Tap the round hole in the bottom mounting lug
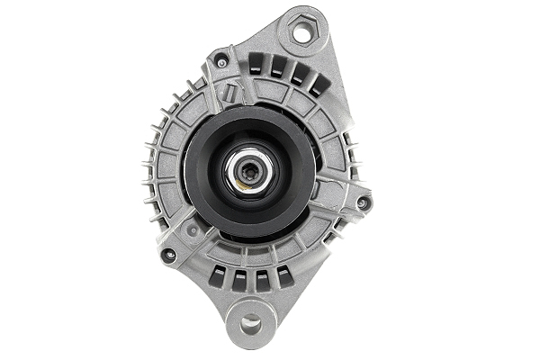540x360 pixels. (x=249, y=321)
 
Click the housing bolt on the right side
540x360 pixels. (x=363, y=203)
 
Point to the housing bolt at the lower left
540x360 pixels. (x=168, y=255)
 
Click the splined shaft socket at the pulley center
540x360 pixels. (x=247, y=169)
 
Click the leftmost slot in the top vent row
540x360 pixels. (x=256, y=64)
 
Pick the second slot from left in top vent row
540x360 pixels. (x=276, y=68)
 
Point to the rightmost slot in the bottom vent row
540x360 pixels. (x=283, y=275)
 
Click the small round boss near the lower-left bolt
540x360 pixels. (x=190, y=230)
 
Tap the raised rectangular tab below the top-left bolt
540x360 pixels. (x=231, y=90)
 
